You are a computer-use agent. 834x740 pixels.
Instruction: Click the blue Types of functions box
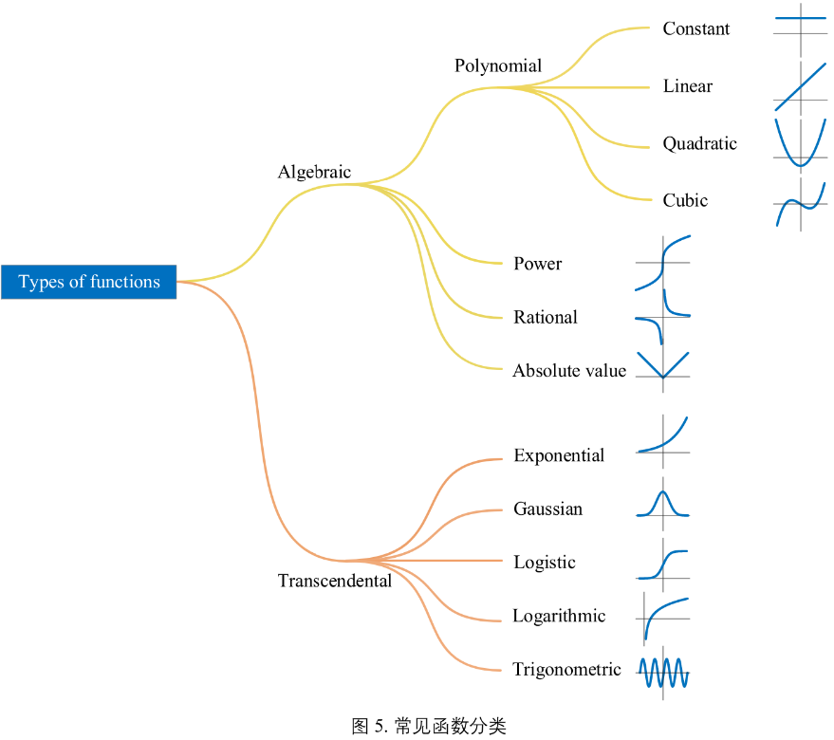[x=88, y=282]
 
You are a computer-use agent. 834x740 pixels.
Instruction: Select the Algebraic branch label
[x=314, y=172]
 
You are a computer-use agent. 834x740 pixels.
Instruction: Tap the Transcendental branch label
[x=334, y=581]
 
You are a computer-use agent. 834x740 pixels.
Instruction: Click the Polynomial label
[x=498, y=65]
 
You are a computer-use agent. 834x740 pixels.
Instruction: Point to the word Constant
[x=696, y=28]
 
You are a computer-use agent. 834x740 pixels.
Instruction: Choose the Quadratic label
[x=699, y=143]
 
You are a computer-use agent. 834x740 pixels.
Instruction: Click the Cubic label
[x=685, y=200]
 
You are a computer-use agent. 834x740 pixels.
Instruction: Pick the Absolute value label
[x=569, y=370]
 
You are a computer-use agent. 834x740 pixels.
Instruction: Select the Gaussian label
[x=547, y=509]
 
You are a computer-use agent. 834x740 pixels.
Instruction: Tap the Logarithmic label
[x=559, y=616]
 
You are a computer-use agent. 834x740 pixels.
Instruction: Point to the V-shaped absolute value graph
[x=662, y=366]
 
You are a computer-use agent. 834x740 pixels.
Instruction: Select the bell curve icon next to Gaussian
[x=662, y=505]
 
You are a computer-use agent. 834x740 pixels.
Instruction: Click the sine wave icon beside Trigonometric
[x=663, y=673]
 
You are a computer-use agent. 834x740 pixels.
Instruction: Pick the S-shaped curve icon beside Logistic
[x=662, y=564]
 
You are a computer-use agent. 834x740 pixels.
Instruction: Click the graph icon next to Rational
[x=662, y=317]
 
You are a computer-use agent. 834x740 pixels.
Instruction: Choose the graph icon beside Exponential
[x=662, y=436]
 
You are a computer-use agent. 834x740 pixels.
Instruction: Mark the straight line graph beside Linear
[x=801, y=86]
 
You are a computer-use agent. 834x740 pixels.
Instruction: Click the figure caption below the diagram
[x=429, y=727]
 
